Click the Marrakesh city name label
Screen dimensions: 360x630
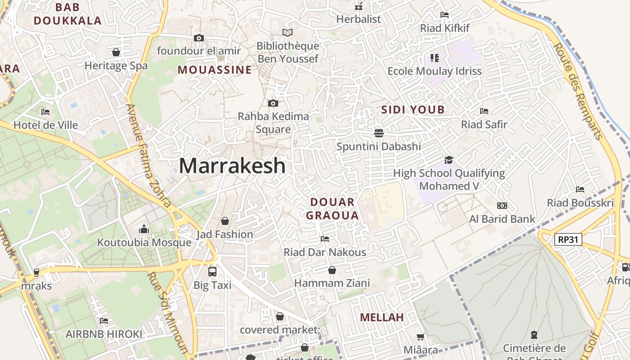[x=232, y=166]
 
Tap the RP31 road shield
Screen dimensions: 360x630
[x=568, y=239]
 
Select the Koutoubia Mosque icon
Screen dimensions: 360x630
[x=144, y=229]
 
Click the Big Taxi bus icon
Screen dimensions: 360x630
[x=212, y=272]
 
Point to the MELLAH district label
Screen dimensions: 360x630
[x=382, y=317]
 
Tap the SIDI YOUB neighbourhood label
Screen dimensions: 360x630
[x=413, y=109]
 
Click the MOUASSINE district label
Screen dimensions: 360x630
[x=215, y=70]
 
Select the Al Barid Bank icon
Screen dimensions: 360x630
[x=502, y=206]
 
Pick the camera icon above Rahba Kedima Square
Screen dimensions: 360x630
[x=273, y=103]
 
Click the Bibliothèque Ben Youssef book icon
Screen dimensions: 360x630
[x=287, y=32]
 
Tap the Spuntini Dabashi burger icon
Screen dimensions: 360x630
[x=379, y=133]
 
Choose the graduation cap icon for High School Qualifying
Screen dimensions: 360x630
[x=449, y=160]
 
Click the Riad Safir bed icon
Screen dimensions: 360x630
[x=484, y=111]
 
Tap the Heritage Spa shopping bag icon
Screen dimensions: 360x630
[x=116, y=52]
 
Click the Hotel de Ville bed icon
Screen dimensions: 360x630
[x=45, y=112]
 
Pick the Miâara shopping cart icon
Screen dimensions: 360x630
[x=421, y=337]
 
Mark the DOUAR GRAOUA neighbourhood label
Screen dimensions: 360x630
[x=333, y=208]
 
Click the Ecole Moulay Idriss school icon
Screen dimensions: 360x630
[x=434, y=58]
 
